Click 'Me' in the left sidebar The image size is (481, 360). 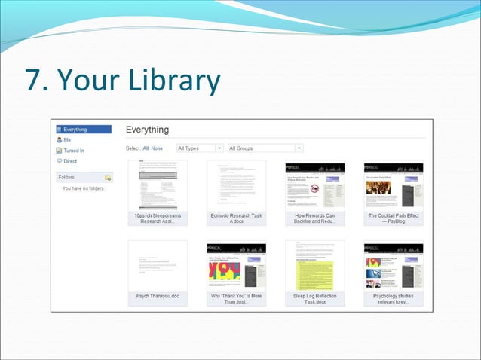(x=67, y=140)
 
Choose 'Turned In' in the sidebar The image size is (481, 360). (x=74, y=151)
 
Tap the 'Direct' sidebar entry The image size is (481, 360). (x=70, y=161)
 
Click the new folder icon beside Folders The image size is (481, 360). (x=108, y=178)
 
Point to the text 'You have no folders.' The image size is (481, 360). (x=83, y=188)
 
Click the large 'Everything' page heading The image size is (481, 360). (x=147, y=130)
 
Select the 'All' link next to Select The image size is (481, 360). (x=146, y=148)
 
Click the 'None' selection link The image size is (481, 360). (x=157, y=148)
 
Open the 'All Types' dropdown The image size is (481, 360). (x=200, y=148)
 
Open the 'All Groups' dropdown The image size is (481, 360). (x=265, y=148)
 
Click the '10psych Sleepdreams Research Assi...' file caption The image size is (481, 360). (x=158, y=218)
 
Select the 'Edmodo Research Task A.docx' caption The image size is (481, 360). (x=236, y=218)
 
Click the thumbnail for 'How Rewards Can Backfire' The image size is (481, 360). (x=314, y=185)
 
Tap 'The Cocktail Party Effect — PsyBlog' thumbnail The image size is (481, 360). (x=393, y=185)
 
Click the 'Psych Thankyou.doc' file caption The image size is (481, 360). (x=158, y=297)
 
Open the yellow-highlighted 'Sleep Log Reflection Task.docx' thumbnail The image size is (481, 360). (x=314, y=265)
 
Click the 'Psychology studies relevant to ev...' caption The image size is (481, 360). (x=393, y=300)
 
